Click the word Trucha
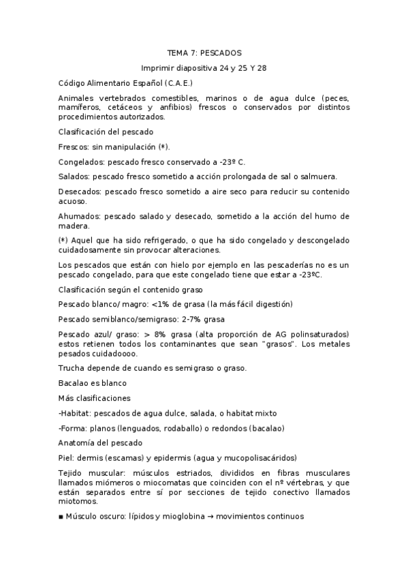[70, 368]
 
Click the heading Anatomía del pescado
[100, 443]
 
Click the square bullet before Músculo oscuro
[61, 517]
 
